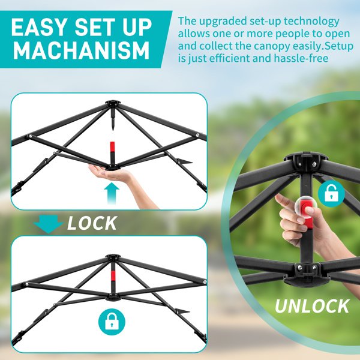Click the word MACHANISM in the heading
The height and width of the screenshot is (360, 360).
click(81, 50)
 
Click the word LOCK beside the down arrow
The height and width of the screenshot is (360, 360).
click(92, 223)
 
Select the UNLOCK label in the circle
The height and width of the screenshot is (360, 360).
click(312, 306)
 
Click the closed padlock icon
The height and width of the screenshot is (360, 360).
click(112, 322)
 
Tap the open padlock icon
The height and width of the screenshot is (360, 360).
click(332, 193)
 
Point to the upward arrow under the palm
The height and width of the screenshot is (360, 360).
click(112, 193)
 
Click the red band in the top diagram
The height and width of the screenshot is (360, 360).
click(112, 147)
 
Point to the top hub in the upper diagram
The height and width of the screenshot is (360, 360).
click(112, 103)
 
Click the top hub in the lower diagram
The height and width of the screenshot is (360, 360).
click(112, 257)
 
